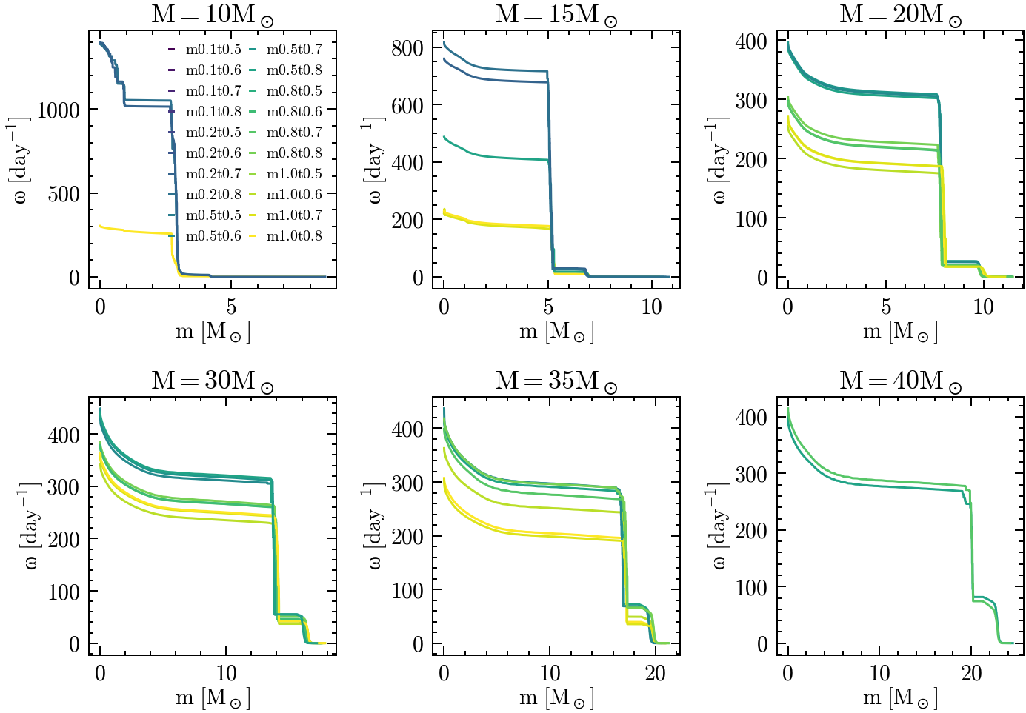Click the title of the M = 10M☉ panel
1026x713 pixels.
[212, 14]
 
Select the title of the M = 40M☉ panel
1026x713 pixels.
[900, 381]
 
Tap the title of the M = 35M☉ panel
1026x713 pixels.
[556, 381]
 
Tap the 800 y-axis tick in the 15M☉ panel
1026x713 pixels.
[407, 48]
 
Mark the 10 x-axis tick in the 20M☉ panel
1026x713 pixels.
[983, 307]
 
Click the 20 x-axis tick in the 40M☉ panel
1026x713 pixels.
[971, 673]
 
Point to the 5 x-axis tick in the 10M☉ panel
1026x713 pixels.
[231, 307]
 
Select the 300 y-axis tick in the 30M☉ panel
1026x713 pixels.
[64, 487]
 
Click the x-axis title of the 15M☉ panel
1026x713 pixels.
[556, 331]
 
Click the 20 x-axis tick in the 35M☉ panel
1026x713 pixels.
[655, 673]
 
